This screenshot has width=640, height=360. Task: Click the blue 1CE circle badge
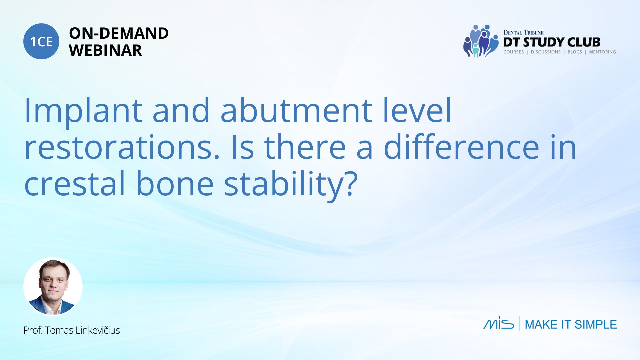41,41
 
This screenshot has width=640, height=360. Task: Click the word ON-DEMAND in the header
119,33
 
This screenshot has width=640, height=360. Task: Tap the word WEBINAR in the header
105,50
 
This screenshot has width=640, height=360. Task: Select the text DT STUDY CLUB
552,42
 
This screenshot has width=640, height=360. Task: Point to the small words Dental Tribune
523,32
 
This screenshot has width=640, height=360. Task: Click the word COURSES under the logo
513,52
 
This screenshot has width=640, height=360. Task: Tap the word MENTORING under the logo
602,52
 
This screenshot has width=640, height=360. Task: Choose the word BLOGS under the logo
575,52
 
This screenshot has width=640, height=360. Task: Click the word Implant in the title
83,110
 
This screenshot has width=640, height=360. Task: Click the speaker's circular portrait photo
53,287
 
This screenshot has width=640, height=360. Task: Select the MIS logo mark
499,323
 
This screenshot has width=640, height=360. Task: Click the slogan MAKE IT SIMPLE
571,324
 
